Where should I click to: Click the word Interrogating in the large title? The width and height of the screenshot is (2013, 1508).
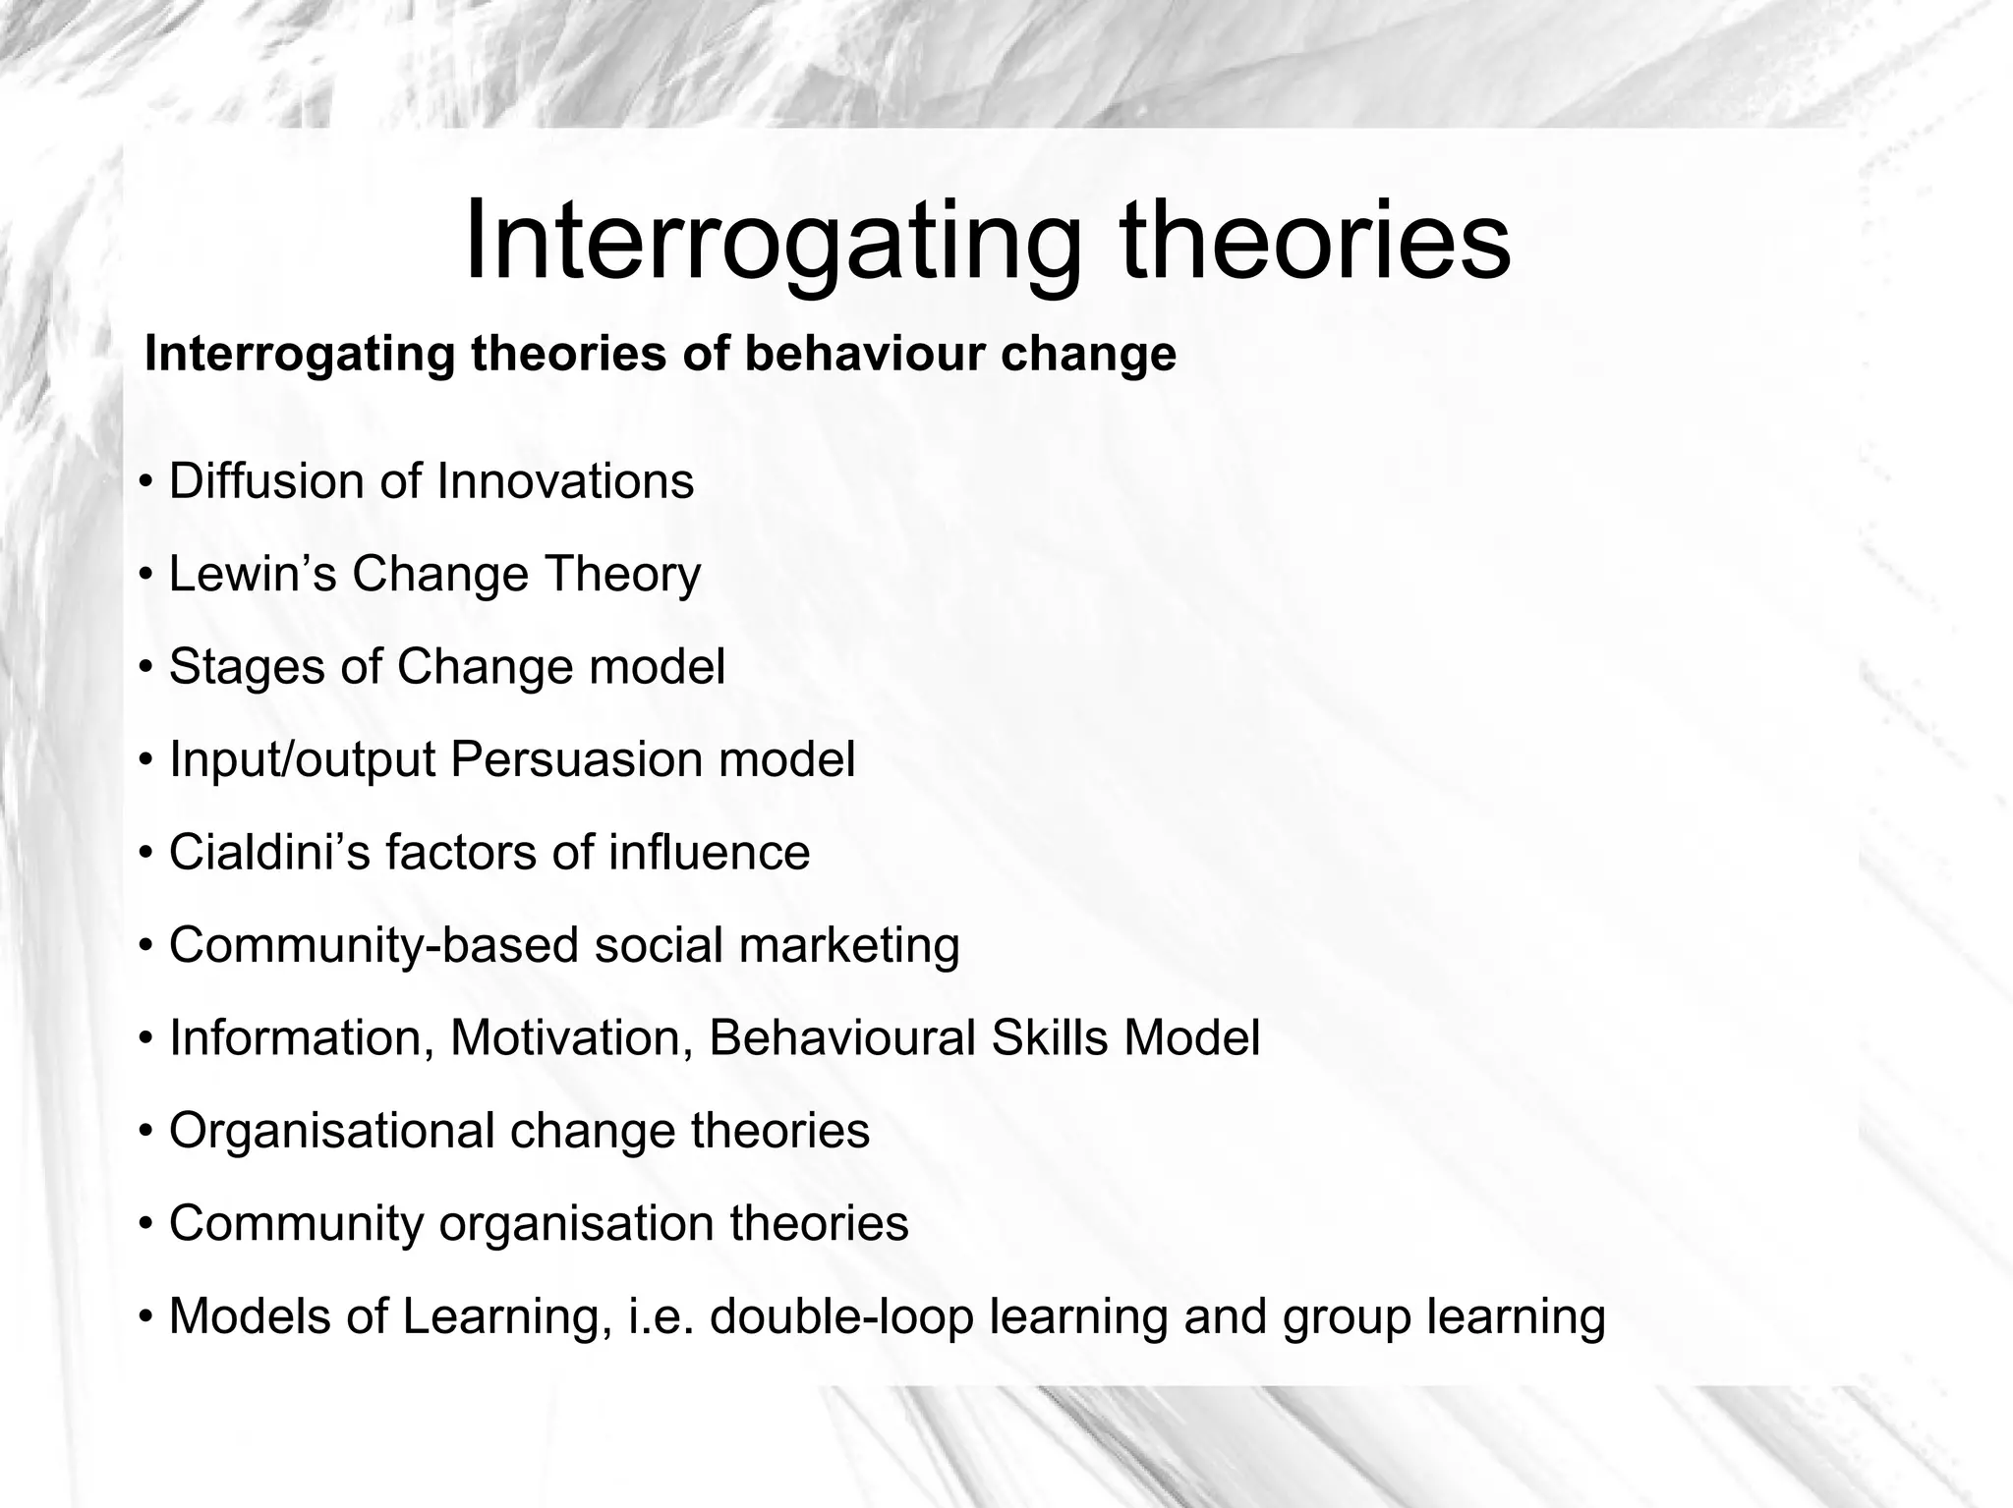[772, 242]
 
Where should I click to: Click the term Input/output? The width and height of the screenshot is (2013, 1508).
[302, 759]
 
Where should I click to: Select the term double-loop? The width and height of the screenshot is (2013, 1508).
[840, 1317]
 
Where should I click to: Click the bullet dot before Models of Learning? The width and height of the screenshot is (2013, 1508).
[145, 1317]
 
